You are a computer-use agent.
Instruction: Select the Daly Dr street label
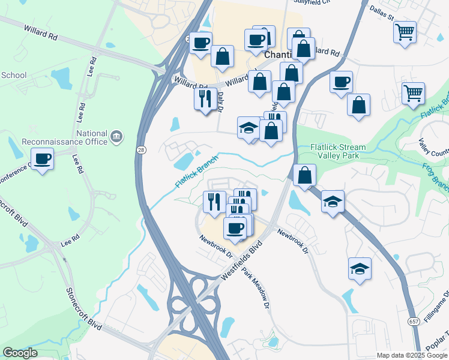tap(221, 100)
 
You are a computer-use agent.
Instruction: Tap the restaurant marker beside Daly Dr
tap(205, 97)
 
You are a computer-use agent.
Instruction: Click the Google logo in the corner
tap(20, 353)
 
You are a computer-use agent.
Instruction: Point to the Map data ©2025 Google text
tap(412, 355)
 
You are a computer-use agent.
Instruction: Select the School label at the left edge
tap(14, 75)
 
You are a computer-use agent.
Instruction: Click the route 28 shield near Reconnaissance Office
tap(139, 150)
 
